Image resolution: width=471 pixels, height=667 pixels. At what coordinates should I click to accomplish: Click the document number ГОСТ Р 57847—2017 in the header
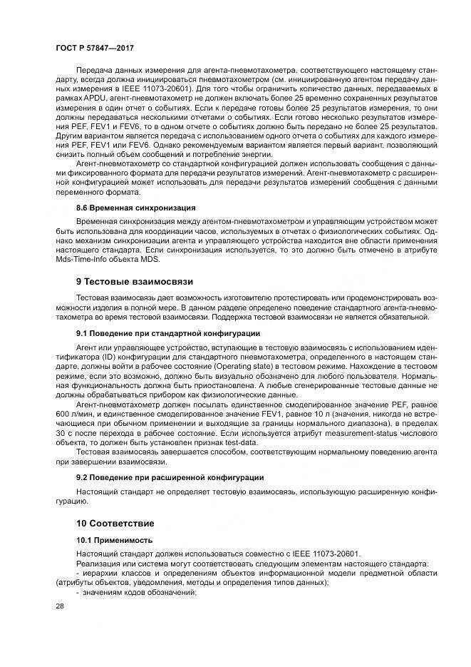(x=94, y=47)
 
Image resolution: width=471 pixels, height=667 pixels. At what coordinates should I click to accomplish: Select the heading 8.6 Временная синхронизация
(x=135, y=208)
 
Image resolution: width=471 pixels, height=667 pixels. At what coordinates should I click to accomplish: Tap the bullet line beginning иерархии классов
(x=257, y=573)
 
